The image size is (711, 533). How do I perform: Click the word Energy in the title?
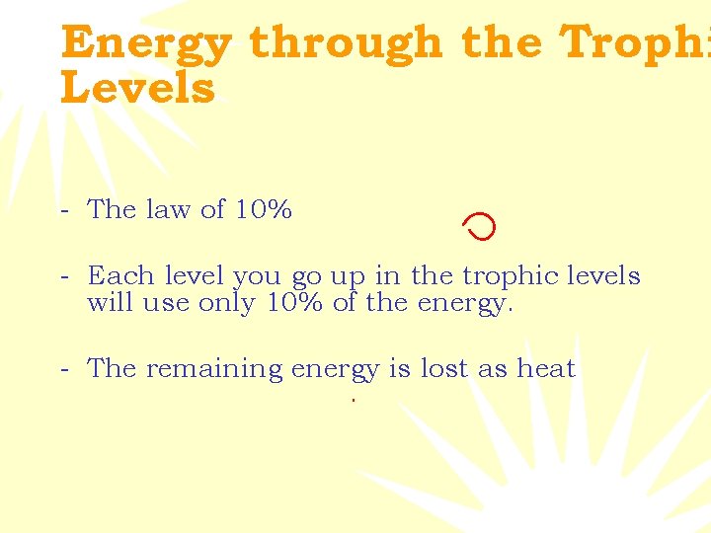pos(145,44)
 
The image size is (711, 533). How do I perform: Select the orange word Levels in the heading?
pos(136,88)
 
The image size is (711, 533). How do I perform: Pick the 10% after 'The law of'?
pos(263,209)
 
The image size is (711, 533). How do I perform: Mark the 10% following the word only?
pos(295,302)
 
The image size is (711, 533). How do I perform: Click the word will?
pos(111,302)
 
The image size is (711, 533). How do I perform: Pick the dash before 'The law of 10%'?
pos(64,210)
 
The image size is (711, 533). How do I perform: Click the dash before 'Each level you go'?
pos(64,277)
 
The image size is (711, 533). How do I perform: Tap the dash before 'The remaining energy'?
pos(64,370)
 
